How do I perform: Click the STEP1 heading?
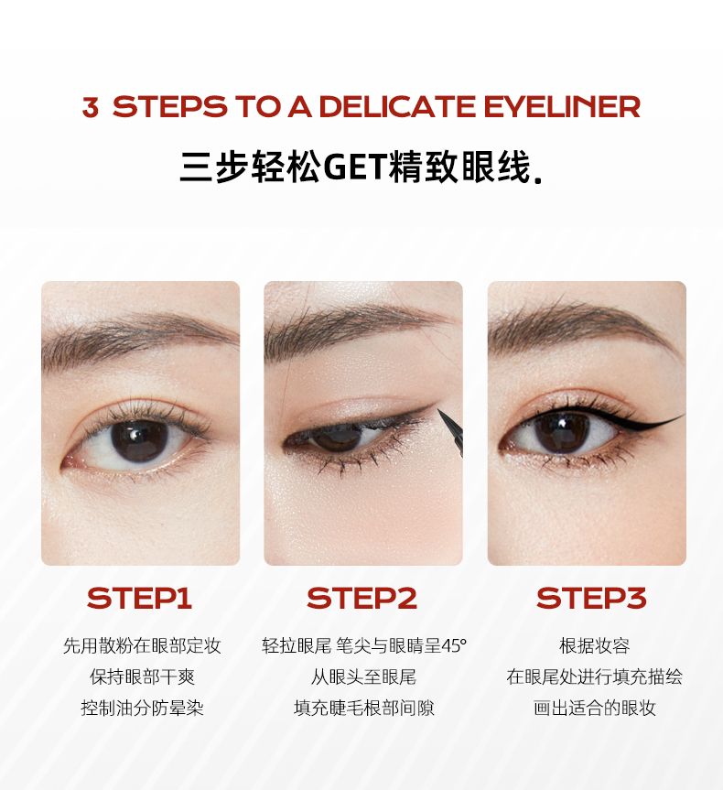pyautogui.click(x=139, y=598)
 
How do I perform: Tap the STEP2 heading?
pyautogui.click(x=362, y=598)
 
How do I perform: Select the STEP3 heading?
pyautogui.click(x=591, y=598)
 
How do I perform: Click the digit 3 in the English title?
pyautogui.click(x=91, y=107)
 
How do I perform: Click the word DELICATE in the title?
pyautogui.click(x=397, y=107)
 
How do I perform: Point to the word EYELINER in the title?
pyautogui.click(x=562, y=107)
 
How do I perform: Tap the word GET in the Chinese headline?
pyautogui.click(x=355, y=167)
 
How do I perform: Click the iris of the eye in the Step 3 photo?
pyautogui.click(x=561, y=432)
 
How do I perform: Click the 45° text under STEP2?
pyautogui.click(x=455, y=646)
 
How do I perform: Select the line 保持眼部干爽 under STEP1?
pyautogui.click(x=143, y=676)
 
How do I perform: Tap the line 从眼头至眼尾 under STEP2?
pyautogui.click(x=363, y=676)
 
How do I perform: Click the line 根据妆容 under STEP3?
pyautogui.click(x=595, y=645)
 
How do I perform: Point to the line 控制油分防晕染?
pyautogui.click(x=143, y=708)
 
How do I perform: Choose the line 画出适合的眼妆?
pyautogui.click(x=595, y=708)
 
